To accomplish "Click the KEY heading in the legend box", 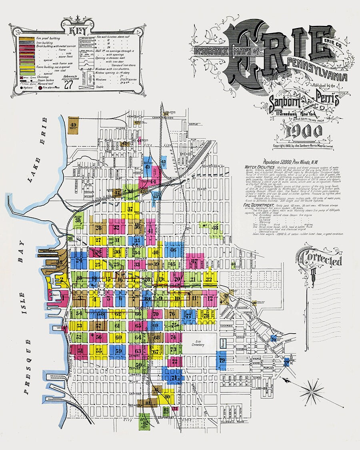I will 76,31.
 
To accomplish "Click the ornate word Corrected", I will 323,260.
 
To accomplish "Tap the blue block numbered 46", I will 173,250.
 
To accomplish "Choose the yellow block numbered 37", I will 130,209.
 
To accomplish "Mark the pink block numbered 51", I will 80,352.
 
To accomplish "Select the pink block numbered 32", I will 116,228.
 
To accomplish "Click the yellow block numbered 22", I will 208,279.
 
